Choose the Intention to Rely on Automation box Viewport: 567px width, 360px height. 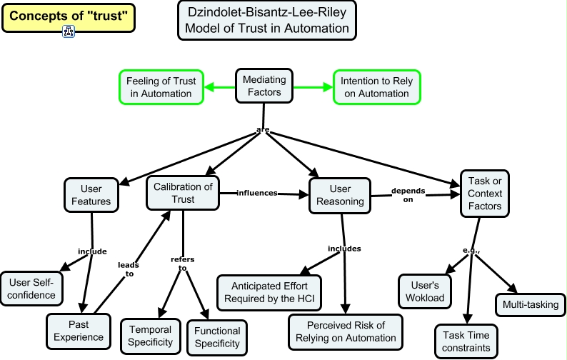377,87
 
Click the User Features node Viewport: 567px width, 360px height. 91,195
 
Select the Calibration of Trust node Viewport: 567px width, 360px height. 184,193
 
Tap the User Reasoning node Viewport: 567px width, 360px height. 340,195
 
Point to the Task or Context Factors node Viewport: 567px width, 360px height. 485,194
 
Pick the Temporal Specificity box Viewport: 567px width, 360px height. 150,336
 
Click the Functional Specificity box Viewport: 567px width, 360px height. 216,337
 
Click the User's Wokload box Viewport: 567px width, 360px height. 425,291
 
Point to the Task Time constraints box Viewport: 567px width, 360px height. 466,341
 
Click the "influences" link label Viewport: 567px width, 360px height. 257,193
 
